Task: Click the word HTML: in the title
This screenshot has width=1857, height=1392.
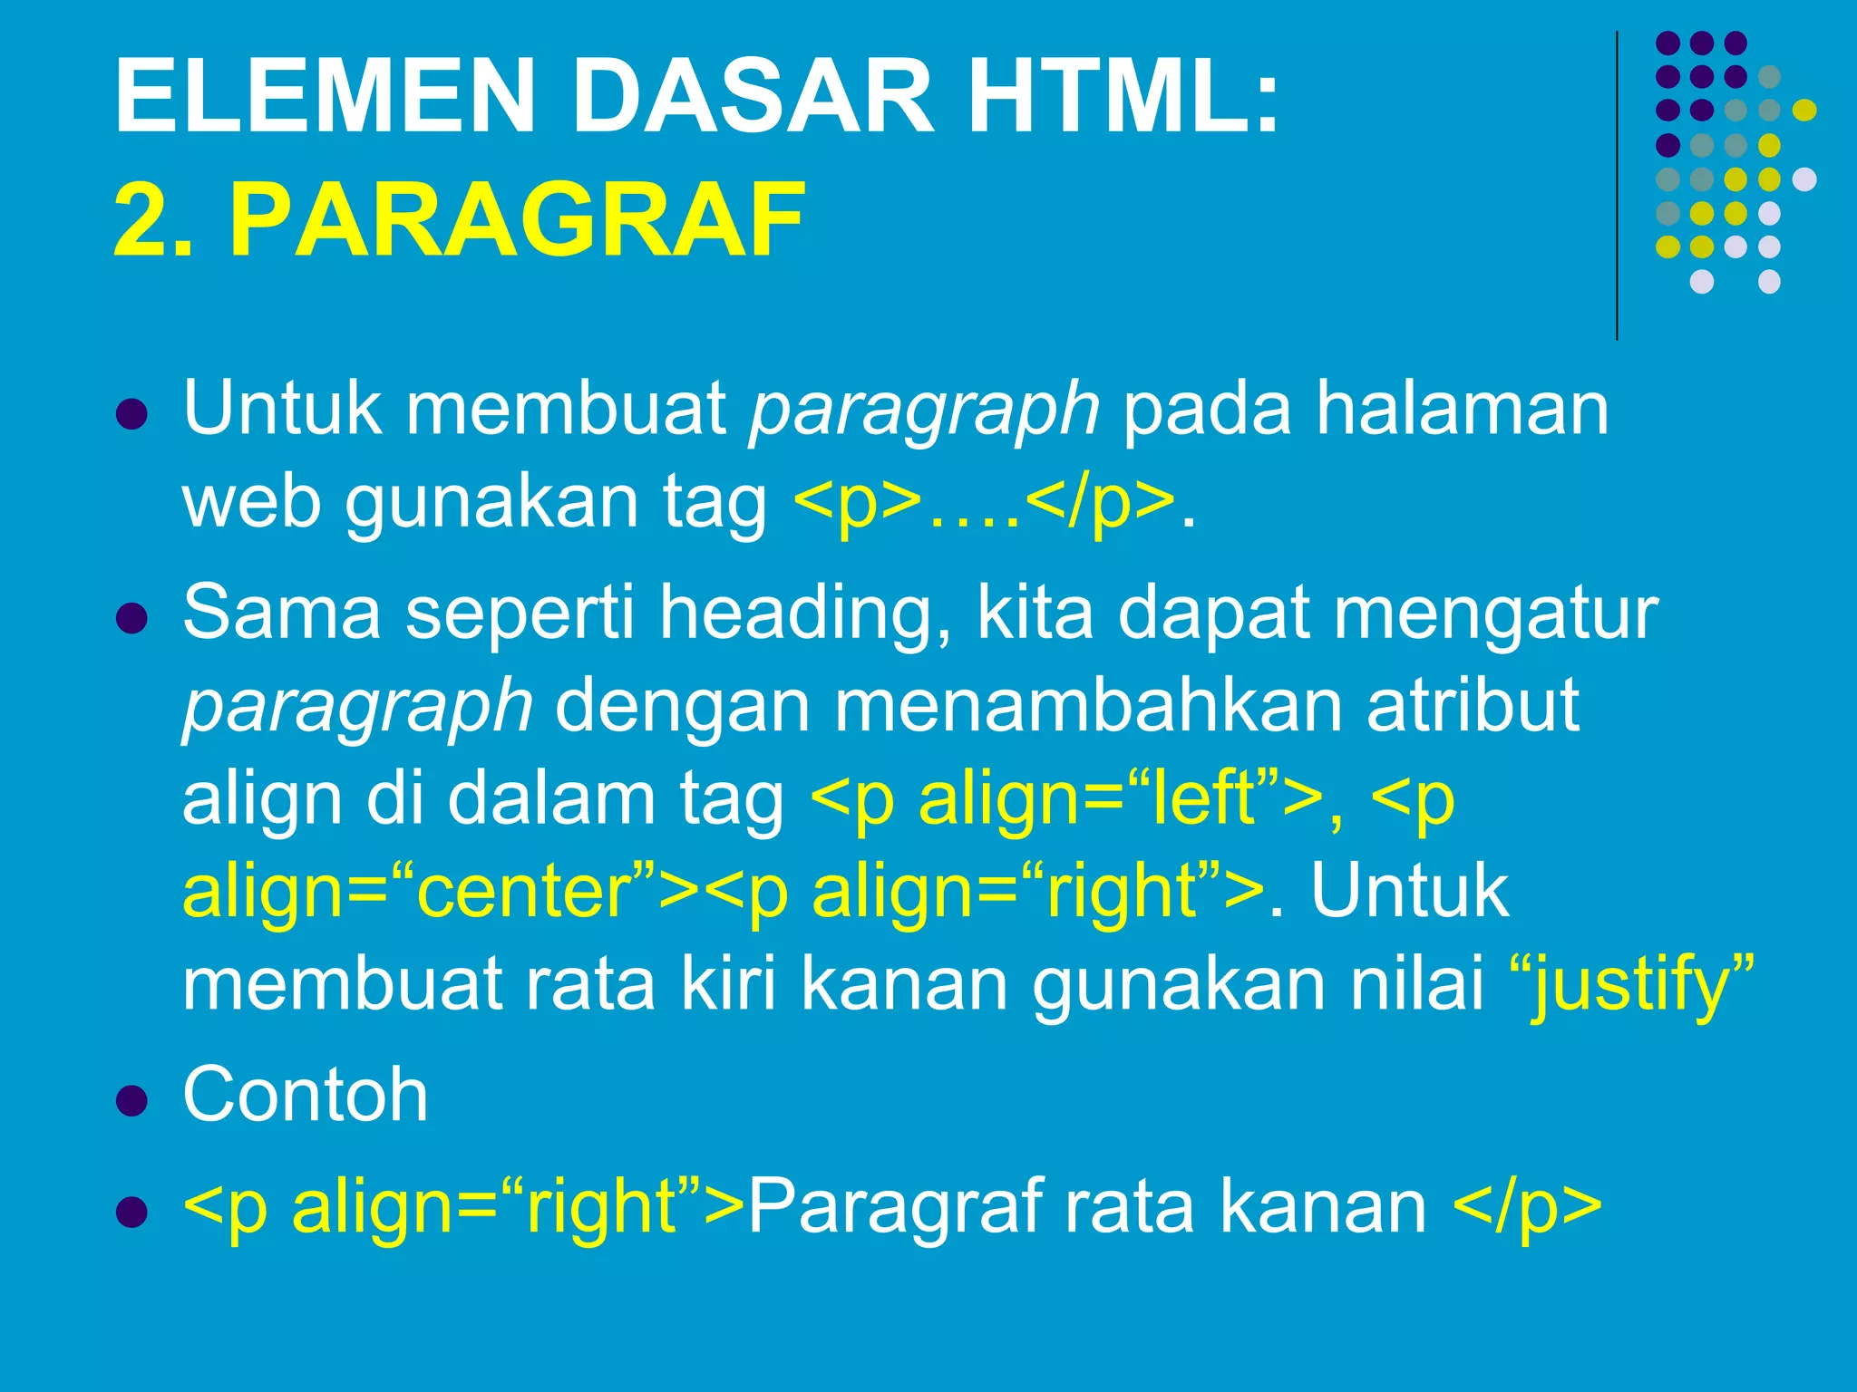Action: [1123, 95]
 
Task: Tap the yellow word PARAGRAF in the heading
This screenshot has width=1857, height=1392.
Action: [517, 220]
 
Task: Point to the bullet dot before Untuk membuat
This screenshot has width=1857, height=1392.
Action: [132, 415]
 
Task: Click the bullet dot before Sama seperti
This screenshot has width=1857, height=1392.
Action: [132, 619]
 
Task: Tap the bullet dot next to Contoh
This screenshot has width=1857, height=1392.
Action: [132, 1101]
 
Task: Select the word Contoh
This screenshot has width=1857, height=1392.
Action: [305, 1095]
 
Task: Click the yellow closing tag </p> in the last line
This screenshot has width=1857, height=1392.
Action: [1527, 1207]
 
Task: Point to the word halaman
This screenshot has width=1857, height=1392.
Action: [1462, 408]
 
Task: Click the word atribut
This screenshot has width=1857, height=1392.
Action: [1473, 705]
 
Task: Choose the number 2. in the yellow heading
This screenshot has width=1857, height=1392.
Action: [152, 220]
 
